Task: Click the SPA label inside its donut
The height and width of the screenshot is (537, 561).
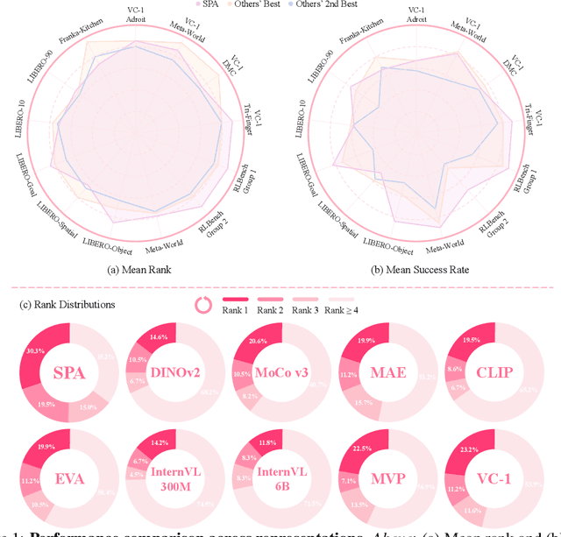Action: point(69,372)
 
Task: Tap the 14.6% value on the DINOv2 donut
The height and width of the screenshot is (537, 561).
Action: point(159,336)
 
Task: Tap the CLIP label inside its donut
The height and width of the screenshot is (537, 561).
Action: point(491,372)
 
